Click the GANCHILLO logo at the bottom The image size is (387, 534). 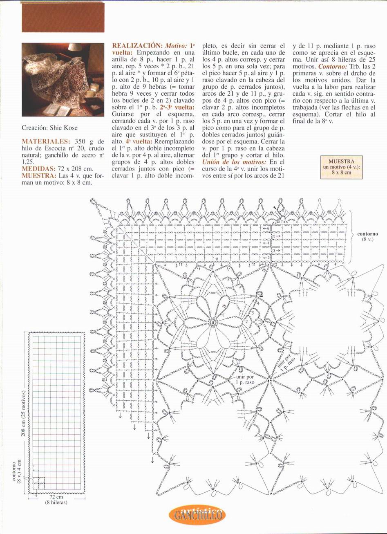197,515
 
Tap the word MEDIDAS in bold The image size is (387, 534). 38,168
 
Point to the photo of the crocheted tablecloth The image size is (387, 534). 63,79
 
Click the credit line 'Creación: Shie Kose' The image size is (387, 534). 49,128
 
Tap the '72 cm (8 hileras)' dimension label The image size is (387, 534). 56,500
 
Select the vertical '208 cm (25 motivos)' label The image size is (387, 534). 24,413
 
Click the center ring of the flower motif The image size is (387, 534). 213,322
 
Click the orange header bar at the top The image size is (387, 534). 63,17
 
